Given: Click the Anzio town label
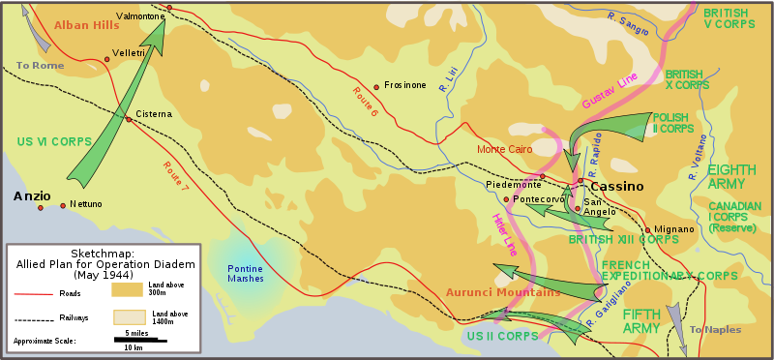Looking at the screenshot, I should click(32, 195).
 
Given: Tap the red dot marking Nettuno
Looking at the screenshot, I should click(63, 205).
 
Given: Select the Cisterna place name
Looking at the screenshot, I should click(154, 113).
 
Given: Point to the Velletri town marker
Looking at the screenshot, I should click(107, 59).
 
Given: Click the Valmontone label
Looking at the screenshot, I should click(140, 16).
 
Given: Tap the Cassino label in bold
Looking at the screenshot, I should click(616, 186).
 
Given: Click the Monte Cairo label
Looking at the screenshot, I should click(504, 149).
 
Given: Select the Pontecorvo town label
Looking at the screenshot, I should click(538, 199).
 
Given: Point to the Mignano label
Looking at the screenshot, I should click(674, 229).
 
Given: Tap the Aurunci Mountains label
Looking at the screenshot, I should click(503, 292).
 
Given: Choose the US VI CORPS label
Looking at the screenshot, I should click(53, 141).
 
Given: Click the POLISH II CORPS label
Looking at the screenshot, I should click(673, 123).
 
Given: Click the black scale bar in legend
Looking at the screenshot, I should click(136, 339).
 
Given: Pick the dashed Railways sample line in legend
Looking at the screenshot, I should click(32, 317).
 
